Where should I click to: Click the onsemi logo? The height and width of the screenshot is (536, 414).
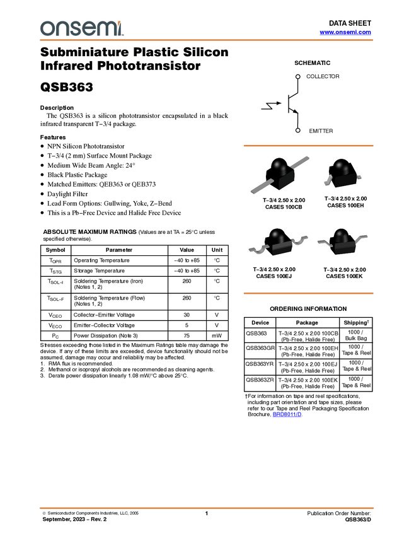81,28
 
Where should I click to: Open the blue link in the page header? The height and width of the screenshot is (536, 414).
345,32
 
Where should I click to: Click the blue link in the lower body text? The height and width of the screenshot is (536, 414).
287,414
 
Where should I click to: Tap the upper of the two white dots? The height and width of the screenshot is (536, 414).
297,77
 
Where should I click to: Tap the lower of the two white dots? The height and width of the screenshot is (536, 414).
297,131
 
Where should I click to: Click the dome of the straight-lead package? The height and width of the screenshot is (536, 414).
279,166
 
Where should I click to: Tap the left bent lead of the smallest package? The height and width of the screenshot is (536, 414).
328,182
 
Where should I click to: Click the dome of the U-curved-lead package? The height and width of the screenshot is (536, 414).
276,236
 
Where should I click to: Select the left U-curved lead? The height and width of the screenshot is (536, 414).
257,248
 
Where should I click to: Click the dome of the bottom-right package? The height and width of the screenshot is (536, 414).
342,236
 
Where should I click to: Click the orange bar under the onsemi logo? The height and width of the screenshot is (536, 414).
207,40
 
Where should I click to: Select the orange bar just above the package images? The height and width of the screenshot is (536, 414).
308,146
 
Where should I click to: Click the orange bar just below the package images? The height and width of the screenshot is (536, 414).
308,293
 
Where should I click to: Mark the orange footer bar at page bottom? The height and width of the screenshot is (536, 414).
207,508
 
